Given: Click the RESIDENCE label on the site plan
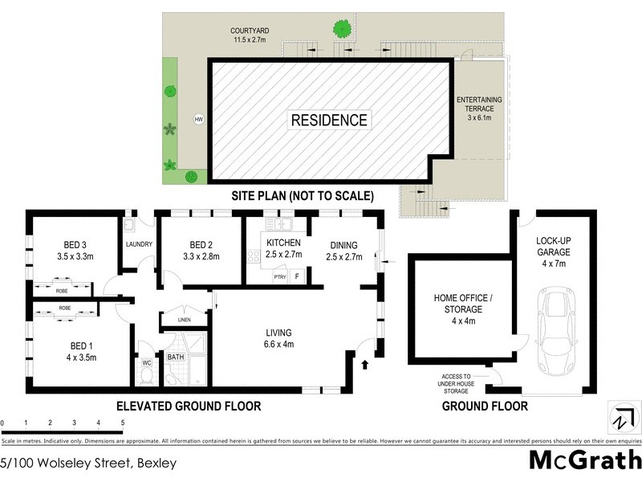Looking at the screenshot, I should [x=329, y=120].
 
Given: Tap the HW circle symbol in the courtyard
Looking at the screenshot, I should [x=198, y=120].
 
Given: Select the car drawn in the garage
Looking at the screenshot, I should [x=555, y=329].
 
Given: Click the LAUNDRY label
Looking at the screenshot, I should [x=139, y=246].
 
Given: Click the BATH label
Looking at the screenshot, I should [x=175, y=356].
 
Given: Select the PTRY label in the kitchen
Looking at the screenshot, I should [x=279, y=277].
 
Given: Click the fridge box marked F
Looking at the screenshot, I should [x=298, y=277].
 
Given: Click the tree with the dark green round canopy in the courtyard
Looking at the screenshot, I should [x=343, y=30].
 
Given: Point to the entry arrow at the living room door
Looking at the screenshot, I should [x=366, y=365].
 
